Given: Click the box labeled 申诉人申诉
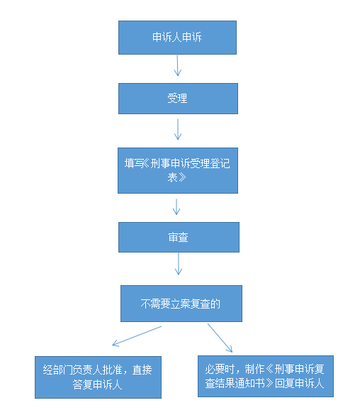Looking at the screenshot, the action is pyautogui.click(x=177, y=38).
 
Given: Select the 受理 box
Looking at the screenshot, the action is pyautogui.click(x=178, y=99).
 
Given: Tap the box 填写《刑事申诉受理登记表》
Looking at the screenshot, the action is pyautogui.click(x=178, y=170).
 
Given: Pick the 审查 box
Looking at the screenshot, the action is pyautogui.click(x=179, y=237).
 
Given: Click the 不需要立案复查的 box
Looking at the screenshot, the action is pyautogui.click(x=181, y=304).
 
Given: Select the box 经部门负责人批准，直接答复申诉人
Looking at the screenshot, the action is pyautogui.click(x=98, y=377).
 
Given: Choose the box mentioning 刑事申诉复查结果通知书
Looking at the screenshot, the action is pyautogui.click(x=266, y=376).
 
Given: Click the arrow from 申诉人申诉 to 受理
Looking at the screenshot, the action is pyautogui.click(x=178, y=65).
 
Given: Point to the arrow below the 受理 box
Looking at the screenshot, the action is pyautogui.click(x=178, y=129).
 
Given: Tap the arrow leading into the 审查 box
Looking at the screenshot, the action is pyautogui.click(x=176, y=206).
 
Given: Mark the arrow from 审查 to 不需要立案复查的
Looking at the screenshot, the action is pyautogui.click(x=179, y=264).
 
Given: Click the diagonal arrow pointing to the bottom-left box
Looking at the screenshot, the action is pyautogui.click(x=137, y=336).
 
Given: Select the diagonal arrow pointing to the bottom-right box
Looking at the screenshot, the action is pyautogui.click(x=220, y=338).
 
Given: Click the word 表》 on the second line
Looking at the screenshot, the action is pyautogui.click(x=177, y=177).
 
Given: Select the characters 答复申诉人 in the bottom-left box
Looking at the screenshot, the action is pyautogui.click(x=98, y=384).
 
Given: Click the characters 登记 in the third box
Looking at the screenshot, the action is pyautogui.click(x=220, y=163).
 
